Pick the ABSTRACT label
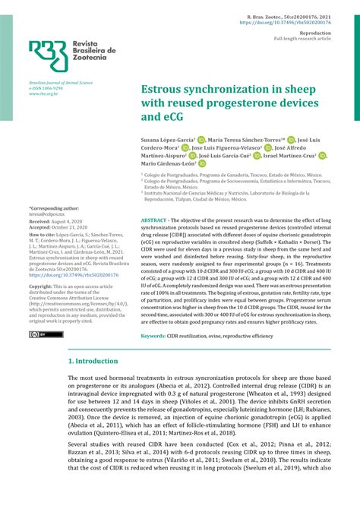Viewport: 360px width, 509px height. click(157, 220)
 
